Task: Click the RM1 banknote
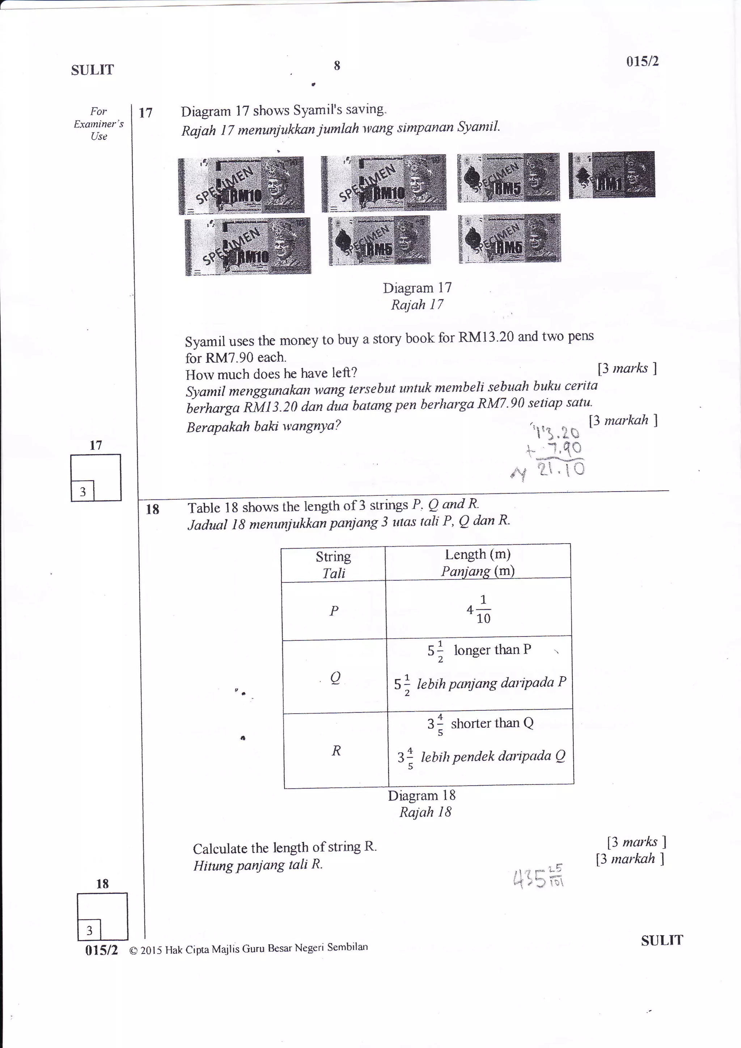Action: (611, 175)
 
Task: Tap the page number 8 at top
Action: (337, 66)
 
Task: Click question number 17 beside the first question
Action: (145, 113)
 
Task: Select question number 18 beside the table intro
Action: (152, 510)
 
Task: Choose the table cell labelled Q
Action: (335, 678)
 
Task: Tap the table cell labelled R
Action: (336, 751)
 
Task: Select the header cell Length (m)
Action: (478, 562)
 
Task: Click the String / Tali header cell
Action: (334, 565)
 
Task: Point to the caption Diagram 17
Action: (417, 288)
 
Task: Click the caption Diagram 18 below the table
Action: (422, 795)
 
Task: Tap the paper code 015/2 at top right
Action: (642, 62)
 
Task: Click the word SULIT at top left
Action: (92, 70)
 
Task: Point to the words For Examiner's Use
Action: (98, 124)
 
